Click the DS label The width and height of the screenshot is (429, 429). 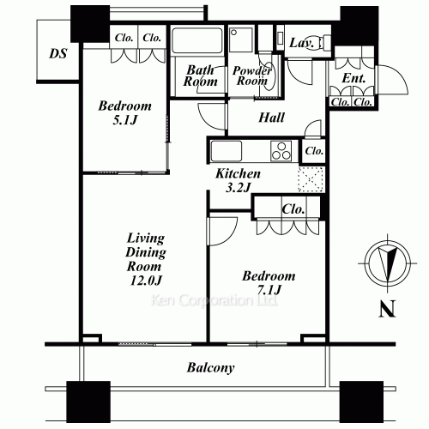[x=58, y=53]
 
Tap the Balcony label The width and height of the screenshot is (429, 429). [x=211, y=367]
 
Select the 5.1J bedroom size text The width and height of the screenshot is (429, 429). [x=125, y=120]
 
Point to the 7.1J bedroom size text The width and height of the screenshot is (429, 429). [x=269, y=290]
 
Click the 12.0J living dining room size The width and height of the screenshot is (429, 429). [x=146, y=281]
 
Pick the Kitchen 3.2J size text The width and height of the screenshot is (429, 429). [x=239, y=188]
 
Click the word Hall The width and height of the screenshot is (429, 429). [x=271, y=118]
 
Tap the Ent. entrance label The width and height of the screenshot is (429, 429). [x=353, y=78]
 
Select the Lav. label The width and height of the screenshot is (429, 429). [x=301, y=43]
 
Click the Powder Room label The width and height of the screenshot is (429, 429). [x=251, y=76]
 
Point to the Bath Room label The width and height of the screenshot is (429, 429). [x=200, y=76]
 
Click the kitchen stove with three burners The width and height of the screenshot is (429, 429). [x=281, y=151]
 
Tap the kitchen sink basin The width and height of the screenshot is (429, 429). [x=226, y=151]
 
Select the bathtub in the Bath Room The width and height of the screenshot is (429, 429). [x=197, y=40]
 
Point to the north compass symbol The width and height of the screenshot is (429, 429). [x=388, y=263]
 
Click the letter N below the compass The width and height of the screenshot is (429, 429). [x=387, y=309]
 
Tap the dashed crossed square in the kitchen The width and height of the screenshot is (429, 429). [x=311, y=179]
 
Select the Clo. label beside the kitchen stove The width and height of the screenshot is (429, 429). [x=314, y=151]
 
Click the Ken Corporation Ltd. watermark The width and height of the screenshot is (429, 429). [x=214, y=300]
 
